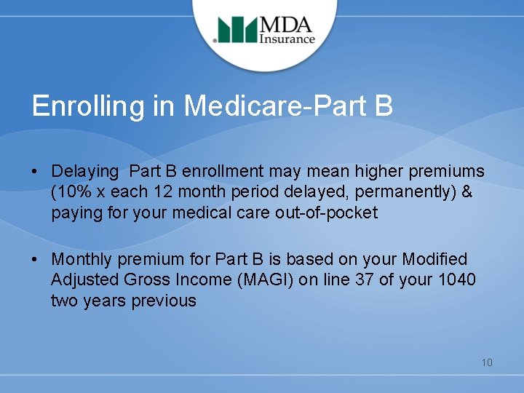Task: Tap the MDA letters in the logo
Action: point(287,23)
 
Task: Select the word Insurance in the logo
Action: point(287,39)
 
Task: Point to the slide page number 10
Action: point(486,362)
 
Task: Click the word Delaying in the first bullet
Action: point(84,172)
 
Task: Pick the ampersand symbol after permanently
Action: point(467,192)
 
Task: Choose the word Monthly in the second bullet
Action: point(82,259)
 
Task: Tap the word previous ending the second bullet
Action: point(164,301)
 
